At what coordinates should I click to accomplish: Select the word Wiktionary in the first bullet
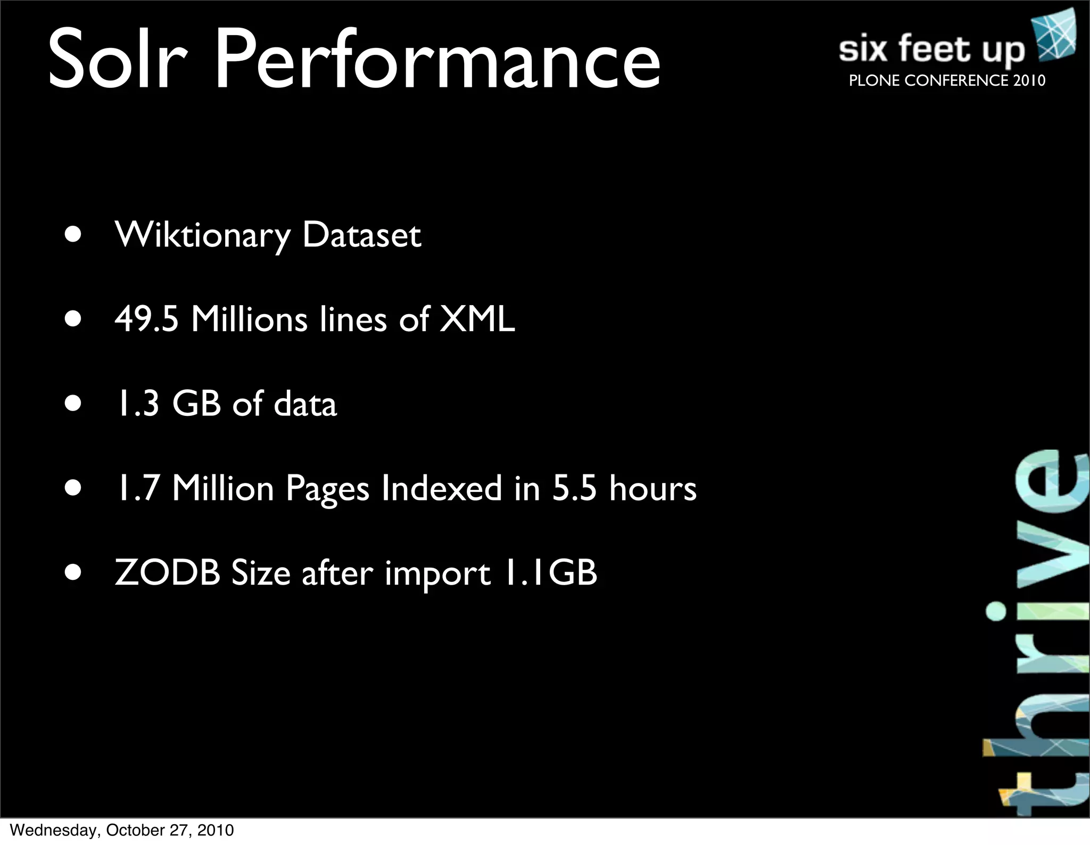coord(203,235)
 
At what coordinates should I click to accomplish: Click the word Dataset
coord(362,235)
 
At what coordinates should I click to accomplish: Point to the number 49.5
coord(146,319)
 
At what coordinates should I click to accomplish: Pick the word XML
coord(477,319)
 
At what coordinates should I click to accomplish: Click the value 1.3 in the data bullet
coord(137,404)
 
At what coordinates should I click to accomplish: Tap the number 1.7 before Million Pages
coord(138,488)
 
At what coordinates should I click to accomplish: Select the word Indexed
coord(442,488)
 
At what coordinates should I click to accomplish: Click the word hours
coord(653,488)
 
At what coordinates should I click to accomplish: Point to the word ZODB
coord(168,573)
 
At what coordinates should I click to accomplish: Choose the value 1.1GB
coord(550,573)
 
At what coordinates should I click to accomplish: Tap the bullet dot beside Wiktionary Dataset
coord(73,235)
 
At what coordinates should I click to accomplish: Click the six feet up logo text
coord(931,49)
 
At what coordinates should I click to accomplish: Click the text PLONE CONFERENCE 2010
coord(947,80)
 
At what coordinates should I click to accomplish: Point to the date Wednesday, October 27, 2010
coord(122,830)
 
